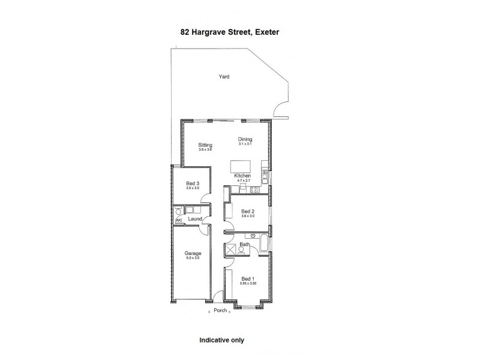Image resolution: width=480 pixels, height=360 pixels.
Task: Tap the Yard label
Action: (x=224, y=76)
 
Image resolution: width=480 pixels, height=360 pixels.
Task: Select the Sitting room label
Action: (x=206, y=145)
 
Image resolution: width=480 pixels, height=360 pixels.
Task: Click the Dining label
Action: (x=244, y=139)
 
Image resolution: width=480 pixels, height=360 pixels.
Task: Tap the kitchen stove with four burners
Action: (x=253, y=190)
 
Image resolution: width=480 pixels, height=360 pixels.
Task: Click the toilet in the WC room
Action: (x=178, y=211)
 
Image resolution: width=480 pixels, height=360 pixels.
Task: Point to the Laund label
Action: (x=194, y=219)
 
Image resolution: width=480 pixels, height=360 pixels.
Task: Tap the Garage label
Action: (x=193, y=253)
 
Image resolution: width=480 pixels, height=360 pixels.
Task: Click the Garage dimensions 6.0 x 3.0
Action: (x=193, y=259)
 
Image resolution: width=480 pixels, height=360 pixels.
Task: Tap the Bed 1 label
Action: (x=248, y=279)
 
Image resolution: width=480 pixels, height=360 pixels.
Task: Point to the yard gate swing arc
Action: (x=279, y=110)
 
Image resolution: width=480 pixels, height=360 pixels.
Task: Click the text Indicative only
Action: (x=221, y=340)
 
